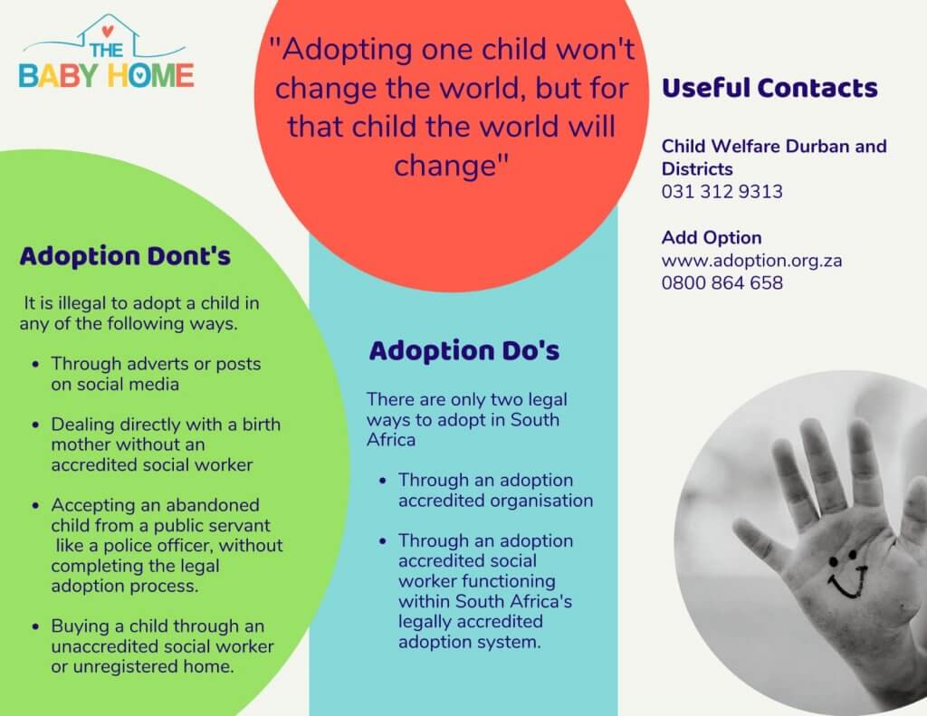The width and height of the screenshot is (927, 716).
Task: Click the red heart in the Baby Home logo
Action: pos(107,32)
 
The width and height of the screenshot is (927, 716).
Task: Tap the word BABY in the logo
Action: pos(59,76)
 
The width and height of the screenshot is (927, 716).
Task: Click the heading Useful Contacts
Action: pos(769,88)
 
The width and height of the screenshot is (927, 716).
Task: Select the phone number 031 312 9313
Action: pos(722,192)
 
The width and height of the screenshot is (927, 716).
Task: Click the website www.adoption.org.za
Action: pos(751,261)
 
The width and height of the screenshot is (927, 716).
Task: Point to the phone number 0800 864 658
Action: pos(722,282)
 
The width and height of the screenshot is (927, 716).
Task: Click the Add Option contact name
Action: pos(712,238)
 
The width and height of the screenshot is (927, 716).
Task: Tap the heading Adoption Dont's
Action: pos(125,256)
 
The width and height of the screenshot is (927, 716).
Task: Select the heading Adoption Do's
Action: pos(464,350)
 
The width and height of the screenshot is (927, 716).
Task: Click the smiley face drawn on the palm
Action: pos(847,574)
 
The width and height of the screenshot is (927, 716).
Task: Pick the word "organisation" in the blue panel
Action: pos(540,501)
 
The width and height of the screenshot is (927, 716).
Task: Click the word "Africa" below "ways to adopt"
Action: pos(391,440)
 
